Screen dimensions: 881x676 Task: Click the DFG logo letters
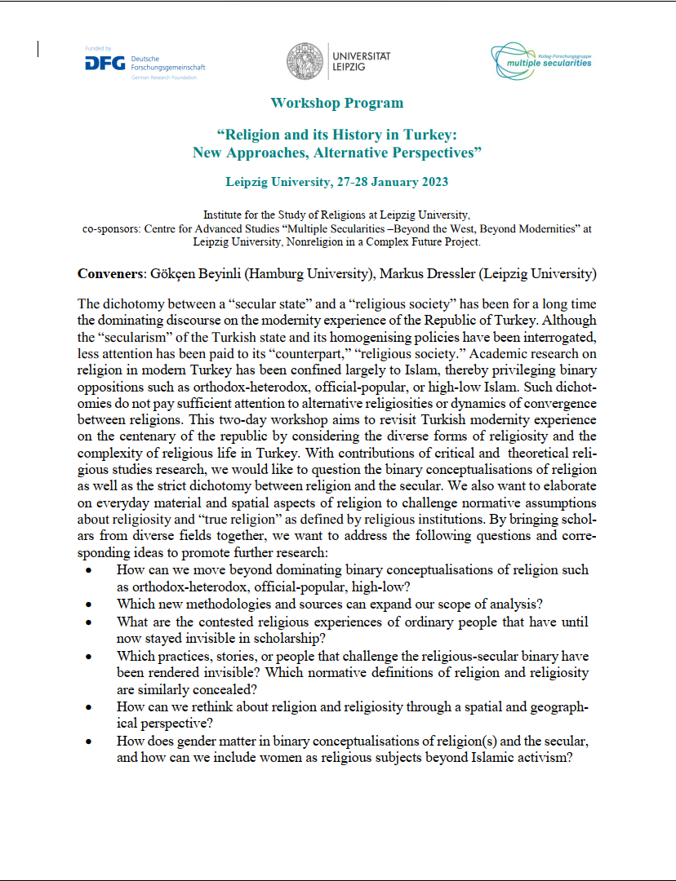point(105,64)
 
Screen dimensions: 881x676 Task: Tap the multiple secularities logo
point(541,59)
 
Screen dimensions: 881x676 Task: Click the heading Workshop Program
point(337,103)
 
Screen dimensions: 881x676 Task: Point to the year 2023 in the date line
point(433,182)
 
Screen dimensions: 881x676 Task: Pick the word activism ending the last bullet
point(542,758)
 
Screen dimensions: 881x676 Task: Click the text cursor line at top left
point(38,49)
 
